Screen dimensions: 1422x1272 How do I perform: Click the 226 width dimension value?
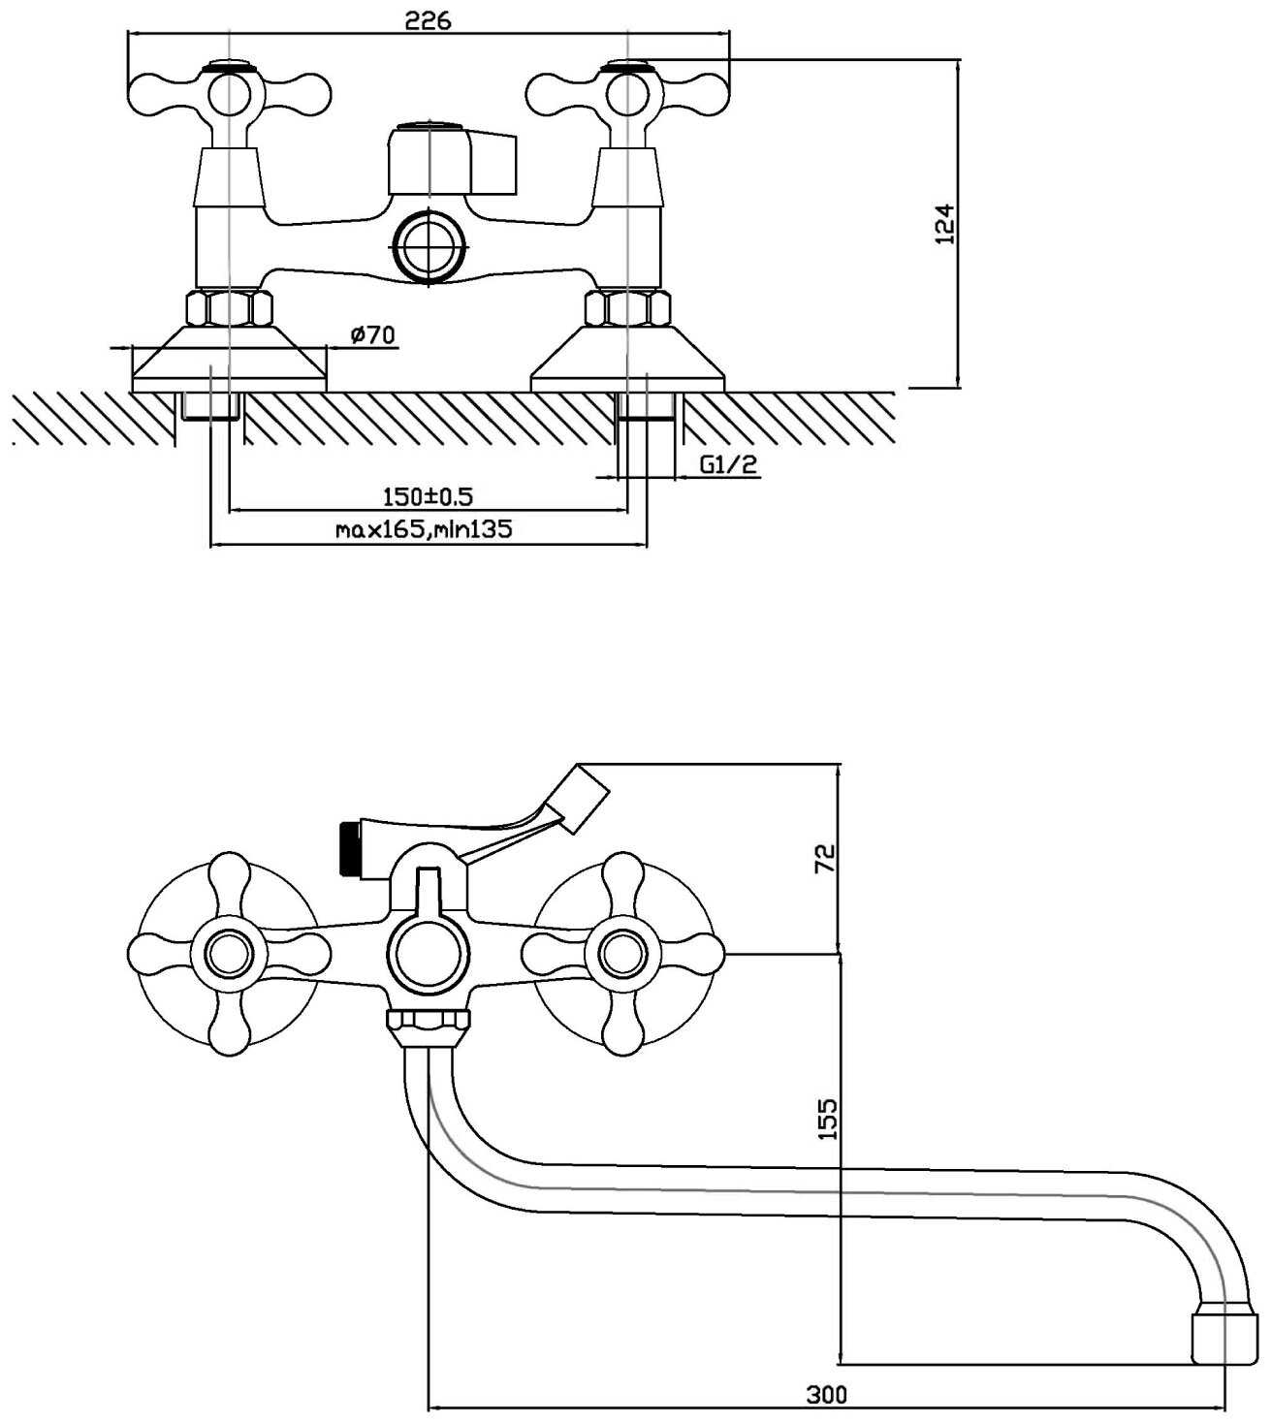click(x=429, y=19)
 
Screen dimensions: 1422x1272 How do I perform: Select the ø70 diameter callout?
click(x=373, y=335)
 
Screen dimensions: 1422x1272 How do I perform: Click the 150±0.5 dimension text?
click(x=428, y=497)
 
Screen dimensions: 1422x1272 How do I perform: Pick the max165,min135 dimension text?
click(x=424, y=529)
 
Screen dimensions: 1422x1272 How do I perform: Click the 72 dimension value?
click(x=825, y=857)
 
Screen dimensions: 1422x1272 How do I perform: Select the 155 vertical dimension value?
click(x=827, y=1119)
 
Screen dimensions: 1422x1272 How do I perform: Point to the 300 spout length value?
click(x=826, y=1394)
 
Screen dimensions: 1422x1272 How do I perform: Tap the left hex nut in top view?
click(x=228, y=308)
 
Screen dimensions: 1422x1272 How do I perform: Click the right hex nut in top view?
click(x=628, y=308)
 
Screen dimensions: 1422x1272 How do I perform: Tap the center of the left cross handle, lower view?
click(x=229, y=953)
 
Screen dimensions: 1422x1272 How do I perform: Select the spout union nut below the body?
click(x=428, y=1020)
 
